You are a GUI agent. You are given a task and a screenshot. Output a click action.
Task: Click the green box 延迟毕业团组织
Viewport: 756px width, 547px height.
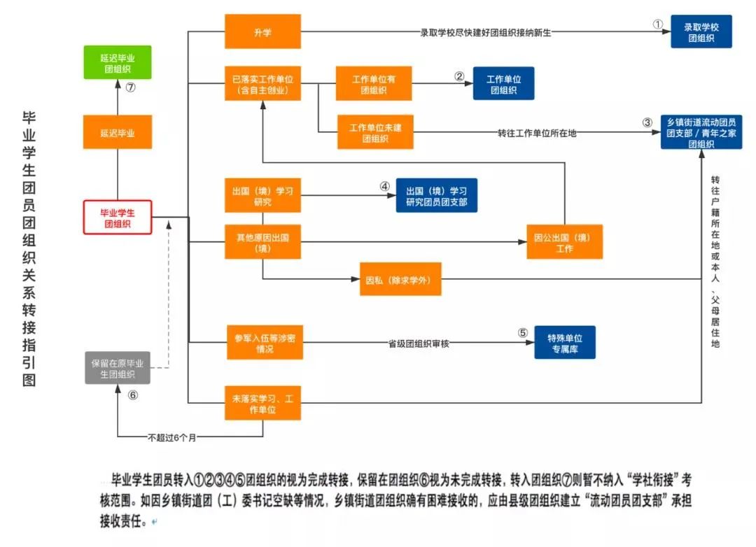118,62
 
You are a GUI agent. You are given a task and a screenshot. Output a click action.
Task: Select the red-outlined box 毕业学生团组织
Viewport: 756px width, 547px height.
118,217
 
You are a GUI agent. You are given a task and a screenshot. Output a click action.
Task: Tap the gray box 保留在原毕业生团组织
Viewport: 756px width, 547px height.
118,368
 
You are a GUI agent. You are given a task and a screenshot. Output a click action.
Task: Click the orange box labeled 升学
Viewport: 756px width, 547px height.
262,32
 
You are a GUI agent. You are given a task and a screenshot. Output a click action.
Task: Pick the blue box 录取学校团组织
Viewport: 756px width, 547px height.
701,32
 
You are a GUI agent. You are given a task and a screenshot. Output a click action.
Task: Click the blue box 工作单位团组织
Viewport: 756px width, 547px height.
504,84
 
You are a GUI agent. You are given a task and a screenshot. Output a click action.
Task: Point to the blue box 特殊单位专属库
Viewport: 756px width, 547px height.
565,342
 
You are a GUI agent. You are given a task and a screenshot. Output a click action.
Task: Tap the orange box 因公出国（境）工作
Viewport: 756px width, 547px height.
565,242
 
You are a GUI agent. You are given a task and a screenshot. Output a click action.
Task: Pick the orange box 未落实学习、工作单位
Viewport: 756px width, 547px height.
262,403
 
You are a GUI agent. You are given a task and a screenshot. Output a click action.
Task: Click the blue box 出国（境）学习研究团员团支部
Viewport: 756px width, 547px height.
437,196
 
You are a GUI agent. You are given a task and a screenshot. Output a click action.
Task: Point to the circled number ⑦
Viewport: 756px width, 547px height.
130,88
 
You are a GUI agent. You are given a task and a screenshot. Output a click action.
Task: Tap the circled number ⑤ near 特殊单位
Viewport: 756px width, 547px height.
522,333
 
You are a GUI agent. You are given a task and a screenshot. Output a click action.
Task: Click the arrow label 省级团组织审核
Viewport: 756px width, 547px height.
419,343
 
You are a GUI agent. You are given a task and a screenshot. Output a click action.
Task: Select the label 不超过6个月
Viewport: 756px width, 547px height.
172,438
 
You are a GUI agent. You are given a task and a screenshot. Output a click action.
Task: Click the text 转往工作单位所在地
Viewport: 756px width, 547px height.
537,133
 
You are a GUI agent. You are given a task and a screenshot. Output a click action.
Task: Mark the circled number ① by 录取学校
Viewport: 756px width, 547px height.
657,24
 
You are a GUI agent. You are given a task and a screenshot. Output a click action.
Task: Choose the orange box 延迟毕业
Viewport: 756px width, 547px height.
118,132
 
